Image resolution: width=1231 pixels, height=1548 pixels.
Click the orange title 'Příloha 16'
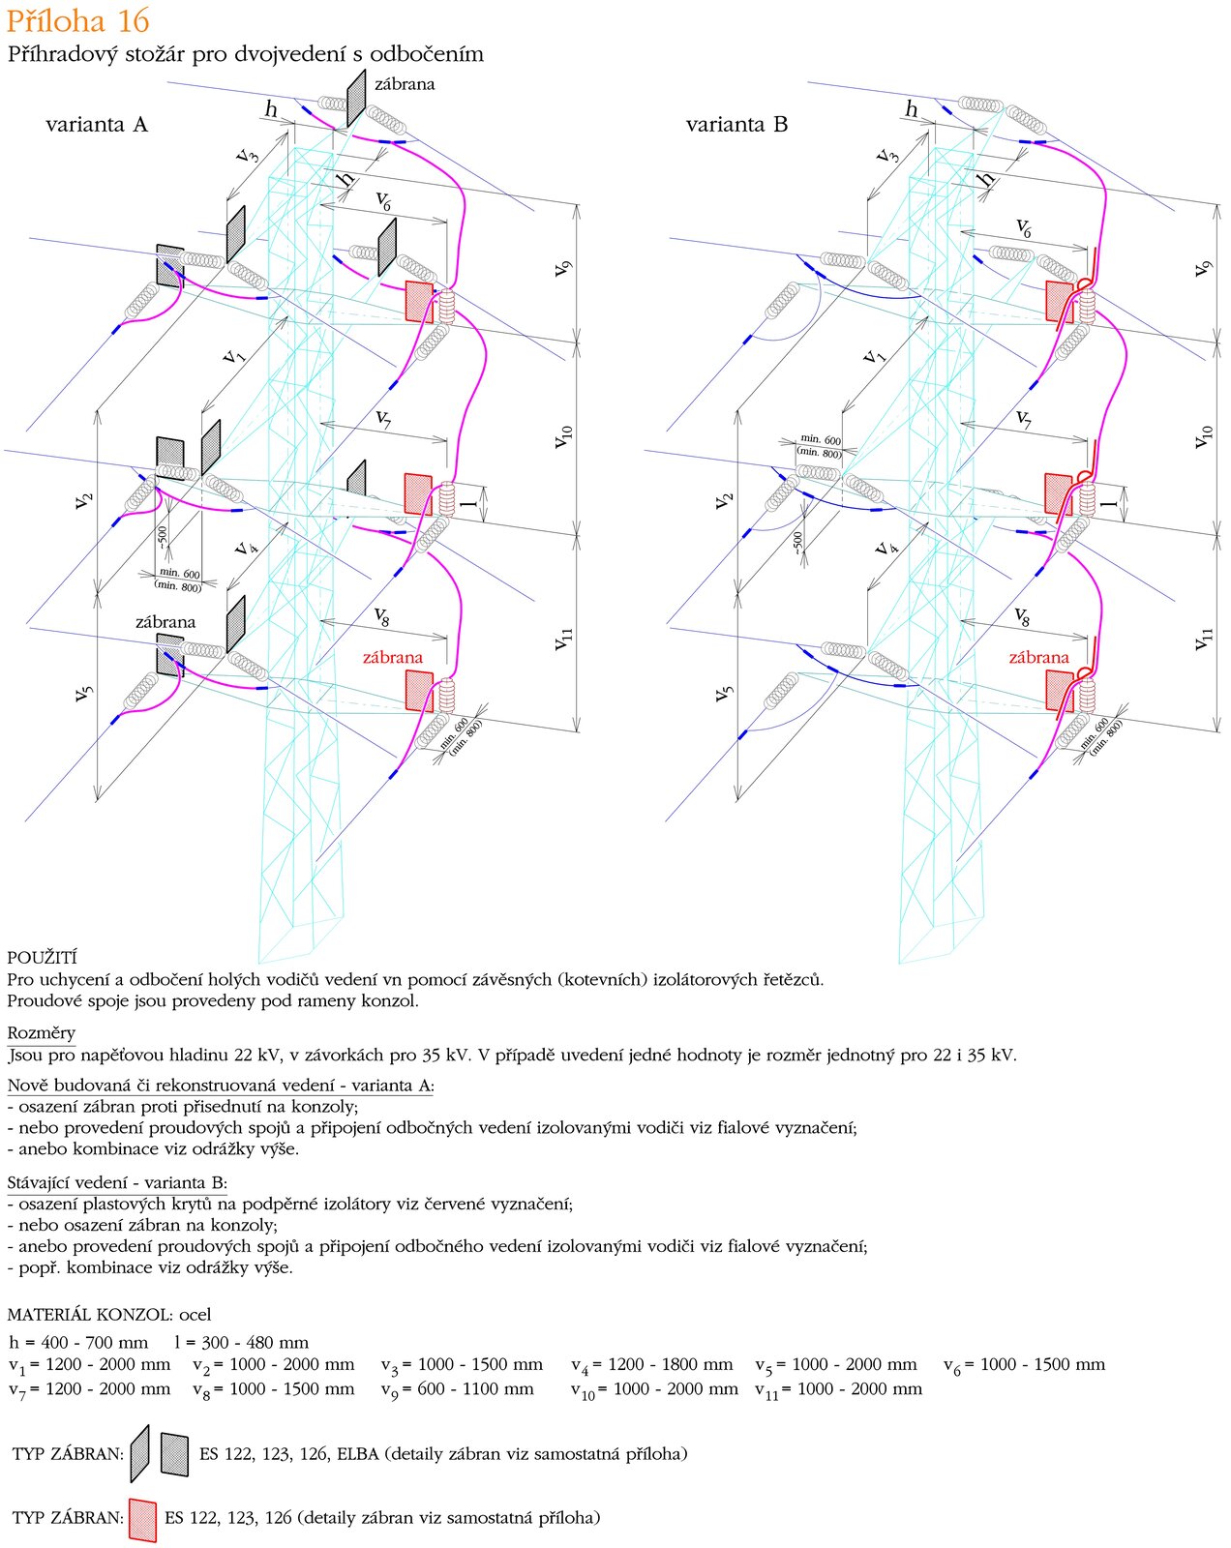[77, 20]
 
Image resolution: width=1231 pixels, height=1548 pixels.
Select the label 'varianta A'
[97, 125]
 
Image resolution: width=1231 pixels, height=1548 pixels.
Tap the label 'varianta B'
[736, 125]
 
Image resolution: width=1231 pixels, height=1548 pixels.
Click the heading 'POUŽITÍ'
[42, 958]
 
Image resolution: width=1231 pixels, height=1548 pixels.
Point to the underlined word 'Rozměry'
[41, 1032]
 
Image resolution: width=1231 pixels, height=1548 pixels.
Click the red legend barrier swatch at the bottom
[142, 1519]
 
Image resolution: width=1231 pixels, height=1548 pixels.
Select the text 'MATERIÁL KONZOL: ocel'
[108, 1314]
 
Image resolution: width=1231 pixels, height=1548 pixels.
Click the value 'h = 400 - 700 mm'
[78, 1342]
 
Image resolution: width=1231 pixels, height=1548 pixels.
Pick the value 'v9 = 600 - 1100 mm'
[458, 1389]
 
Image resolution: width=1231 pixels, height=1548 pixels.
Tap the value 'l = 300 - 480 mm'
[241, 1342]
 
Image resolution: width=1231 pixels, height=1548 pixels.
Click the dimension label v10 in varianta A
[562, 436]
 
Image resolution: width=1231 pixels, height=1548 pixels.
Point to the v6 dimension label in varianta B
[1023, 227]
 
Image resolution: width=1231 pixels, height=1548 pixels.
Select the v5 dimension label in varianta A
[84, 694]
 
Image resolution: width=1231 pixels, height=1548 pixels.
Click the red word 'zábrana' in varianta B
[1039, 657]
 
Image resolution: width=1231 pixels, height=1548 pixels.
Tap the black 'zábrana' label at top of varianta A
[405, 84]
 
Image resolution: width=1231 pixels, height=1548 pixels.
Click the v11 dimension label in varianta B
[1203, 639]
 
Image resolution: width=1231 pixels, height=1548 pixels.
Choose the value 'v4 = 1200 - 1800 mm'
[652, 1365]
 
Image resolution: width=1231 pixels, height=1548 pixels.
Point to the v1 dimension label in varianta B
[874, 354]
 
